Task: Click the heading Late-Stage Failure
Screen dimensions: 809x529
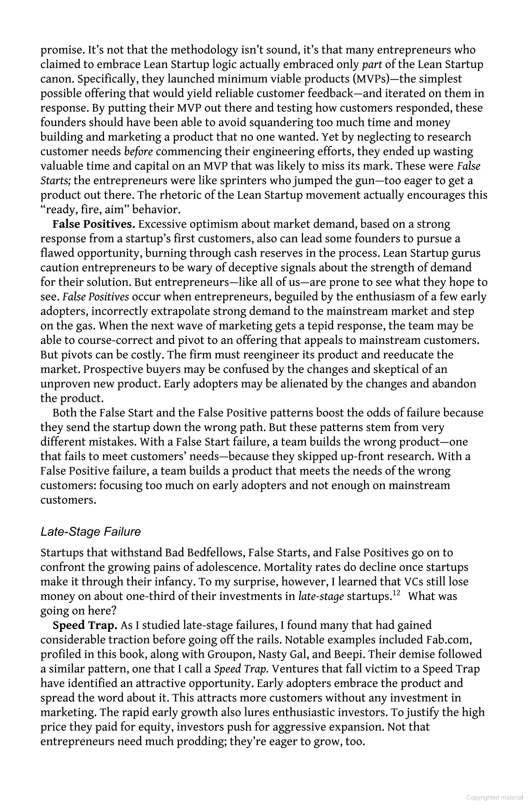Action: point(91,532)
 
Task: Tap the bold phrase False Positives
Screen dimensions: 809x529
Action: point(94,224)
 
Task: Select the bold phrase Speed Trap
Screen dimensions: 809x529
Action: point(85,626)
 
